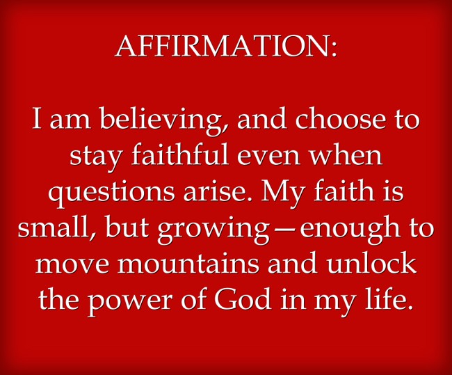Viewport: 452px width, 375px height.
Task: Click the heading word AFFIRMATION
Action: [221, 46]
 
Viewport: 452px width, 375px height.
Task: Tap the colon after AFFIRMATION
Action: [333, 49]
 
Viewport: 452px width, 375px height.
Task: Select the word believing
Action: [160, 120]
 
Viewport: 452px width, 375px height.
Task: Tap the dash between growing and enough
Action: [283, 231]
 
